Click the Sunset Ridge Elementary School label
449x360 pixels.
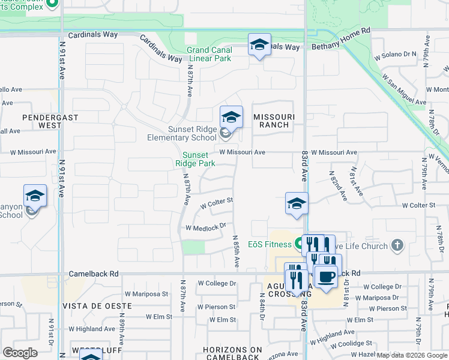point(182,133)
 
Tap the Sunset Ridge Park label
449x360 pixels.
point(199,159)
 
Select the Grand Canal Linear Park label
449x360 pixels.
point(209,55)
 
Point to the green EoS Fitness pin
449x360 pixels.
point(298,244)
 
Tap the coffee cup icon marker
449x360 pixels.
point(326,277)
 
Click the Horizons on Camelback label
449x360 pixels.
point(232,353)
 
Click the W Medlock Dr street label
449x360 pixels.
point(205,227)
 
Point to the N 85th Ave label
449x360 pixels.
point(237,251)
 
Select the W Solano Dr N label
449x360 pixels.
point(396,54)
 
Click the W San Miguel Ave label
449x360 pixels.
point(402,89)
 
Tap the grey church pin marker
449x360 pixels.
point(396,244)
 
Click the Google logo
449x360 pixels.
point(20,353)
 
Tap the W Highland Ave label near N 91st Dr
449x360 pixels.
point(91,329)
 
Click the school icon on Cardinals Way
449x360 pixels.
point(259,45)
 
